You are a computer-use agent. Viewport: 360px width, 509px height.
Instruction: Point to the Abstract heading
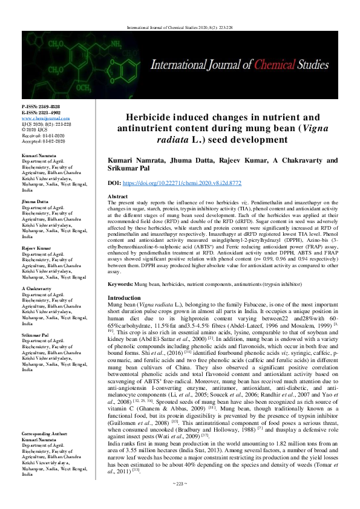(x=117, y=198)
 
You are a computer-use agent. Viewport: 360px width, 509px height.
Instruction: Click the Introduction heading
(x=124, y=299)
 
